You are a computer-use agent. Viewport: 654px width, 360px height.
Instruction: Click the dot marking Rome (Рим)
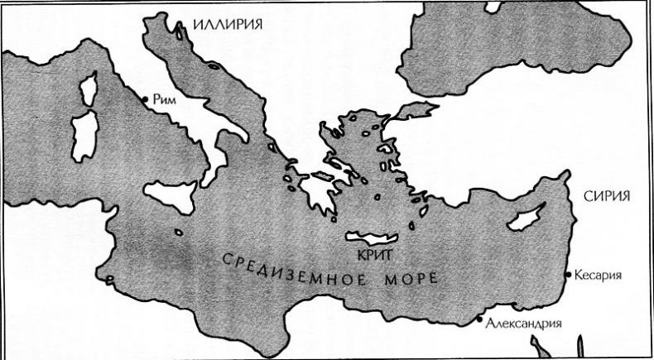pyautogui.click(x=145, y=99)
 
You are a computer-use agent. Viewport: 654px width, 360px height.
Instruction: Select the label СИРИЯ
pyautogui.click(x=608, y=197)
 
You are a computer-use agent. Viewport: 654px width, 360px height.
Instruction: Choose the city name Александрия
pyautogui.click(x=525, y=324)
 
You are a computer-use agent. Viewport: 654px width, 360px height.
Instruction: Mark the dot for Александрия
pyautogui.click(x=479, y=318)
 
